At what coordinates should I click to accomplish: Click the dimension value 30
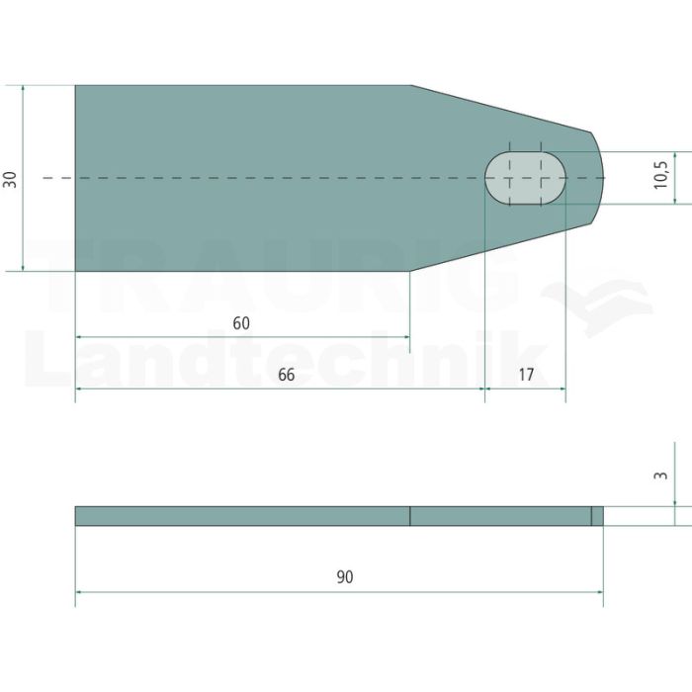coord(10,180)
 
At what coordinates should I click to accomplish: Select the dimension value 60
coord(241,323)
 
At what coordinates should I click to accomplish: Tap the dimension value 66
coord(286,375)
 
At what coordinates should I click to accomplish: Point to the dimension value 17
coord(526,375)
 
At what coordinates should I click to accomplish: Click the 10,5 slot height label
coord(660,175)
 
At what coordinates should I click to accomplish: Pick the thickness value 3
coord(660,476)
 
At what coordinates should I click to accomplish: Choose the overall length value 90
coord(345,576)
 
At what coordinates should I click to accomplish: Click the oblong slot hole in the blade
coord(525,178)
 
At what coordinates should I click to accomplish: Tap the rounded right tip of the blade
coord(602,178)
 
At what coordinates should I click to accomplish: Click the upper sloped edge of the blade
coord(501,109)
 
